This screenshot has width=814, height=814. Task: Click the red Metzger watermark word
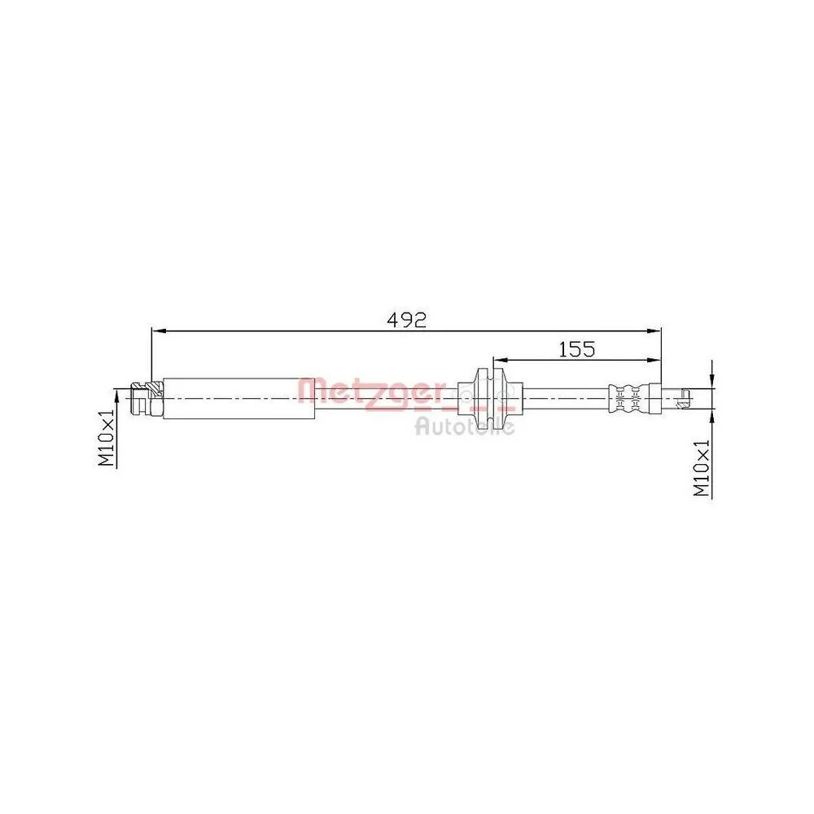(x=371, y=392)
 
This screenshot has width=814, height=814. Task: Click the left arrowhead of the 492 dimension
(x=157, y=330)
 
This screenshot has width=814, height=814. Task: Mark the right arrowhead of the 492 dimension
(x=655, y=330)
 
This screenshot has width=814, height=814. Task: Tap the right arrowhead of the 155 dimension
(x=655, y=359)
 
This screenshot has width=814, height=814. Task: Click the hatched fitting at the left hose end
(x=147, y=399)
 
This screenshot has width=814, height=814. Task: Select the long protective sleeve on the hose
(x=239, y=399)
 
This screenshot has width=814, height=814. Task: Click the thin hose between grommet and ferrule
(x=566, y=399)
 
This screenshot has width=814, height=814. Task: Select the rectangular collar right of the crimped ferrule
(x=652, y=399)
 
